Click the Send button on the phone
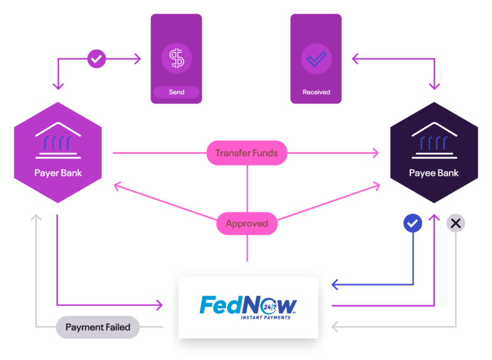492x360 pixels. [x=177, y=92]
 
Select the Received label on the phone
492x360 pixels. [x=316, y=92]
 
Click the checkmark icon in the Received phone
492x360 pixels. [x=316, y=59]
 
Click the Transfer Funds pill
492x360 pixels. [x=247, y=153]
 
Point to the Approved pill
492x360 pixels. [x=247, y=223]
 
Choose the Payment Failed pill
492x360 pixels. [x=98, y=327]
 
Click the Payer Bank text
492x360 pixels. [x=58, y=173]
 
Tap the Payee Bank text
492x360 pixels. [x=434, y=173]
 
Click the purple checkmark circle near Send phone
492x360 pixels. [x=97, y=60]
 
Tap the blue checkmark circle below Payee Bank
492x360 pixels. [x=413, y=223]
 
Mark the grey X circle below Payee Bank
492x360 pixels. [x=456, y=223]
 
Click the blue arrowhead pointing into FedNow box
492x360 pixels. [x=335, y=285]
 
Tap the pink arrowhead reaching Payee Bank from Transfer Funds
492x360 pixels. [x=376, y=153]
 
